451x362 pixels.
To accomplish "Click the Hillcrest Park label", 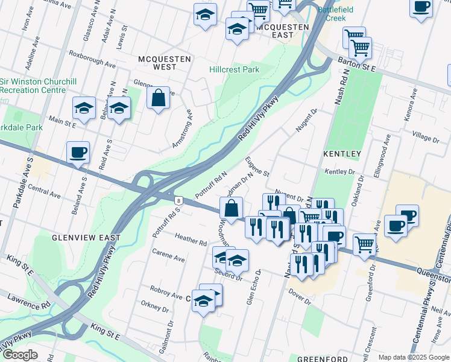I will tap(234, 69).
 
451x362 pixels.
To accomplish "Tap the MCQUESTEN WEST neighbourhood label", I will tap(165, 63).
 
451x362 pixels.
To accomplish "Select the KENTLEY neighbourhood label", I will tap(342, 154).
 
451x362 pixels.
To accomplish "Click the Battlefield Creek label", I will tap(336, 14).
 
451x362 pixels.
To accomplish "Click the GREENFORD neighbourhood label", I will tap(323, 358).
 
